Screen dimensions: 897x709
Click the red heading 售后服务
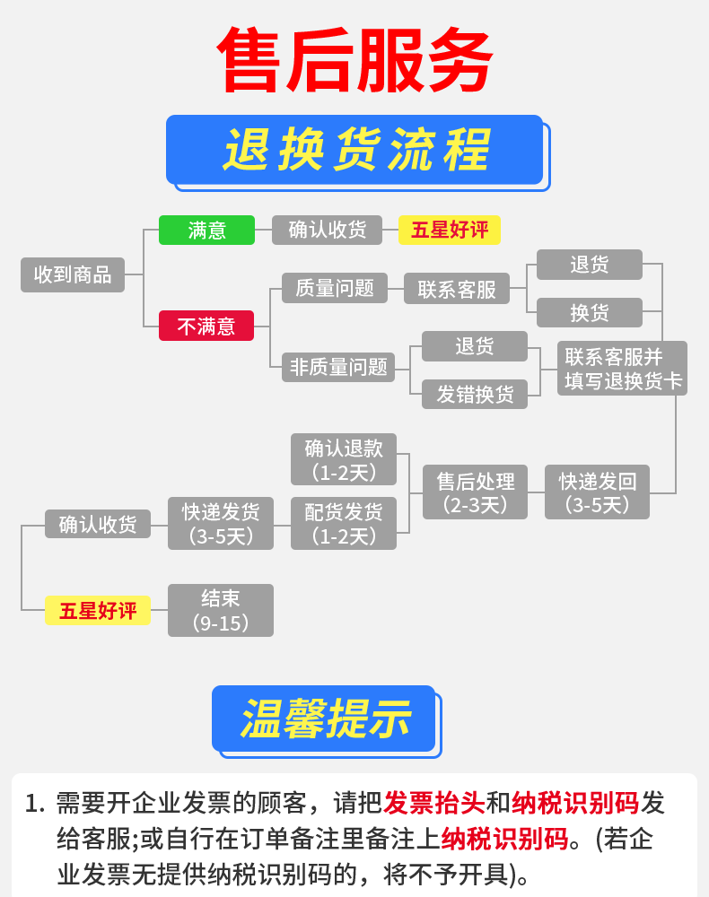[355, 61]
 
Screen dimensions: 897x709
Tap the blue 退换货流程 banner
[355, 149]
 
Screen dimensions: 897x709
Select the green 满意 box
[206, 231]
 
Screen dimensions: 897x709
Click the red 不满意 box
[206, 326]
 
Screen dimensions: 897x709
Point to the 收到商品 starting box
[73, 274]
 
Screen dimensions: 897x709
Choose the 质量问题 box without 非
[334, 288]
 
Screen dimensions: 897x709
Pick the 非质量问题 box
[339, 366]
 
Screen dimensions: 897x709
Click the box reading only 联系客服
[456, 289]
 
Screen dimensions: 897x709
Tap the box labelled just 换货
[590, 312]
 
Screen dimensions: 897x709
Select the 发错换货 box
[475, 394]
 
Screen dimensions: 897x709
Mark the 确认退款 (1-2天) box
[344, 459]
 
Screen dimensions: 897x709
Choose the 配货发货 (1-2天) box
[344, 524]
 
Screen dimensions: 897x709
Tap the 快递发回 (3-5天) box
[597, 492]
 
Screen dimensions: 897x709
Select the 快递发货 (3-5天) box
[221, 524]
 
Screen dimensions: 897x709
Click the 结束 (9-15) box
[221, 610]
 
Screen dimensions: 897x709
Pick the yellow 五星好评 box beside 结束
[98, 611]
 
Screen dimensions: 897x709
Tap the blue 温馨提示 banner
[324, 718]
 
